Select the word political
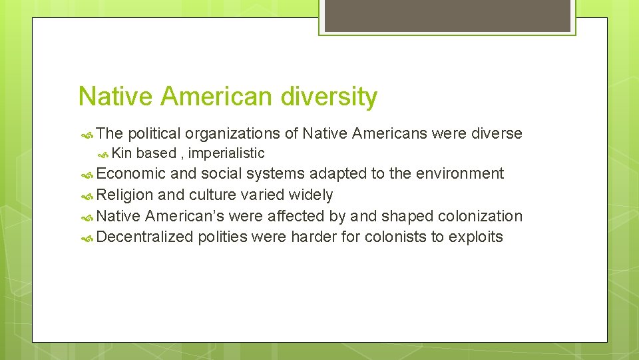[154, 134]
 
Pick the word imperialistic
[226, 153]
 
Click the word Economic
[131, 174]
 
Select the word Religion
[125, 195]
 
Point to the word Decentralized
[144, 237]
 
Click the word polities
[222, 237]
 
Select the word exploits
[476, 237]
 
